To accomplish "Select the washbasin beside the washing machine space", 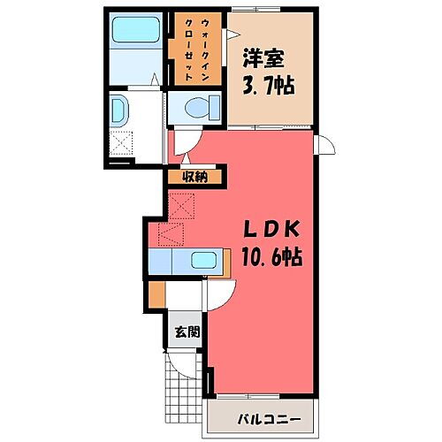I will [121, 111].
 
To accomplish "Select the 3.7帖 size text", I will [267, 87].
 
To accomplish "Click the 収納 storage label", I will [195, 176].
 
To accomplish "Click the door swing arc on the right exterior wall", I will [324, 148].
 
